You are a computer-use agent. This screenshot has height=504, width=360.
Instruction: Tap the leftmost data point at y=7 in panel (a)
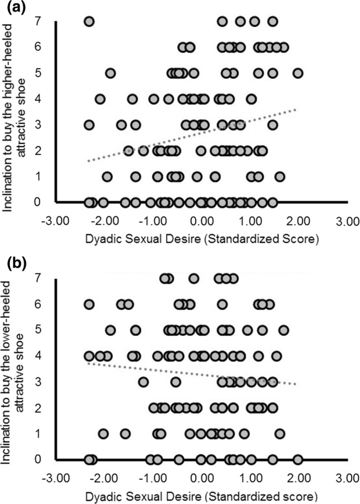click(x=89, y=21)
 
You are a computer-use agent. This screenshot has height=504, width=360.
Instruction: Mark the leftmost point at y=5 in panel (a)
click(x=110, y=73)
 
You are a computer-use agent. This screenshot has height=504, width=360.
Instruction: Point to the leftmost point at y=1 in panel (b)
click(x=103, y=434)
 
